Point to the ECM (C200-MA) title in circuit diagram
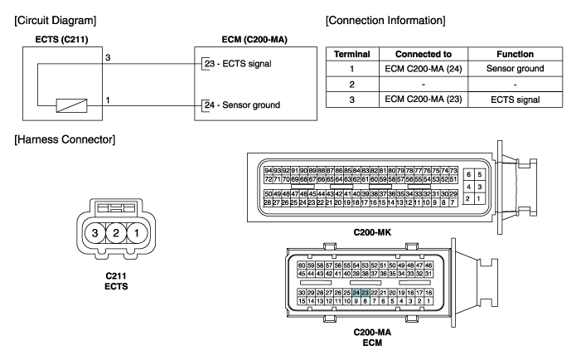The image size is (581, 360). coord(248,38)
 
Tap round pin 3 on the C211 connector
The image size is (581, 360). coord(99,232)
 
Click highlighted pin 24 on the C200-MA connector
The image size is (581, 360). coord(356,293)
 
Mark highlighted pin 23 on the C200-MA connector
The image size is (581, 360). coord(365,293)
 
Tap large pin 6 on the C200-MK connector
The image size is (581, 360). coord(468,175)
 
